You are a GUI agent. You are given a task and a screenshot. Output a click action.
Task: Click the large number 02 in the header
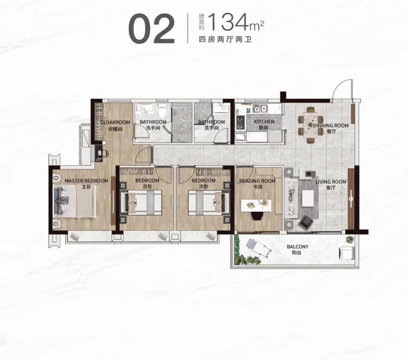coord(151,29)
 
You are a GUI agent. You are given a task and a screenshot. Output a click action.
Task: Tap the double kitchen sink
coord(260,109)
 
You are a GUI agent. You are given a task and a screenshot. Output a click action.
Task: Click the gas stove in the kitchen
coord(240,122)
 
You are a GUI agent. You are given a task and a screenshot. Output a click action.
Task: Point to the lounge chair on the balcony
coord(258,248)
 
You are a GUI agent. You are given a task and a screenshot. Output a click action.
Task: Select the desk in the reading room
coord(256,205)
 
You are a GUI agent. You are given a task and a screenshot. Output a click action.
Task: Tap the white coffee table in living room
coord(308,198)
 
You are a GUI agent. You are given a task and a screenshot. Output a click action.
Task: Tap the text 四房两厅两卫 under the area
coord(225,40)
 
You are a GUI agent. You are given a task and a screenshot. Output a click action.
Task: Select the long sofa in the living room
coord(291,197)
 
